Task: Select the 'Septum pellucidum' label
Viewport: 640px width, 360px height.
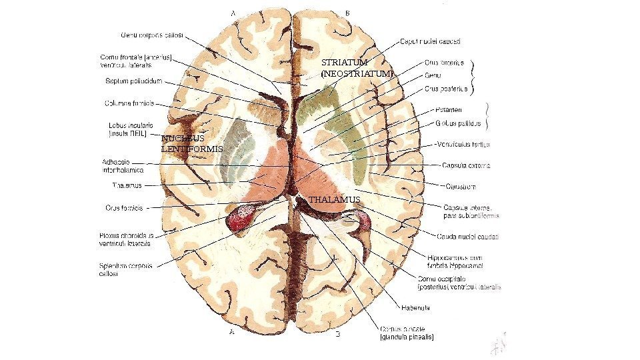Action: tap(133, 83)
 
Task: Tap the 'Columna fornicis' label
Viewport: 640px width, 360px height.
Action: tap(129, 103)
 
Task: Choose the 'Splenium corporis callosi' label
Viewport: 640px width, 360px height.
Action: tap(125, 269)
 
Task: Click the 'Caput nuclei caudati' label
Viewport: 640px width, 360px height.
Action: tap(430, 41)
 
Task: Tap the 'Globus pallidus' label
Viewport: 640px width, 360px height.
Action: tap(458, 123)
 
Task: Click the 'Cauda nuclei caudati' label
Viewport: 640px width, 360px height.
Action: tap(467, 235)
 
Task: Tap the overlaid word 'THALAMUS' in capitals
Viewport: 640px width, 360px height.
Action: tap(335, 199)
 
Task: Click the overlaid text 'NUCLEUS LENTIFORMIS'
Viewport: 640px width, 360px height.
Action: tap(191, 143)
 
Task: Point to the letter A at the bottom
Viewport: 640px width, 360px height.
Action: tap(232, 330)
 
